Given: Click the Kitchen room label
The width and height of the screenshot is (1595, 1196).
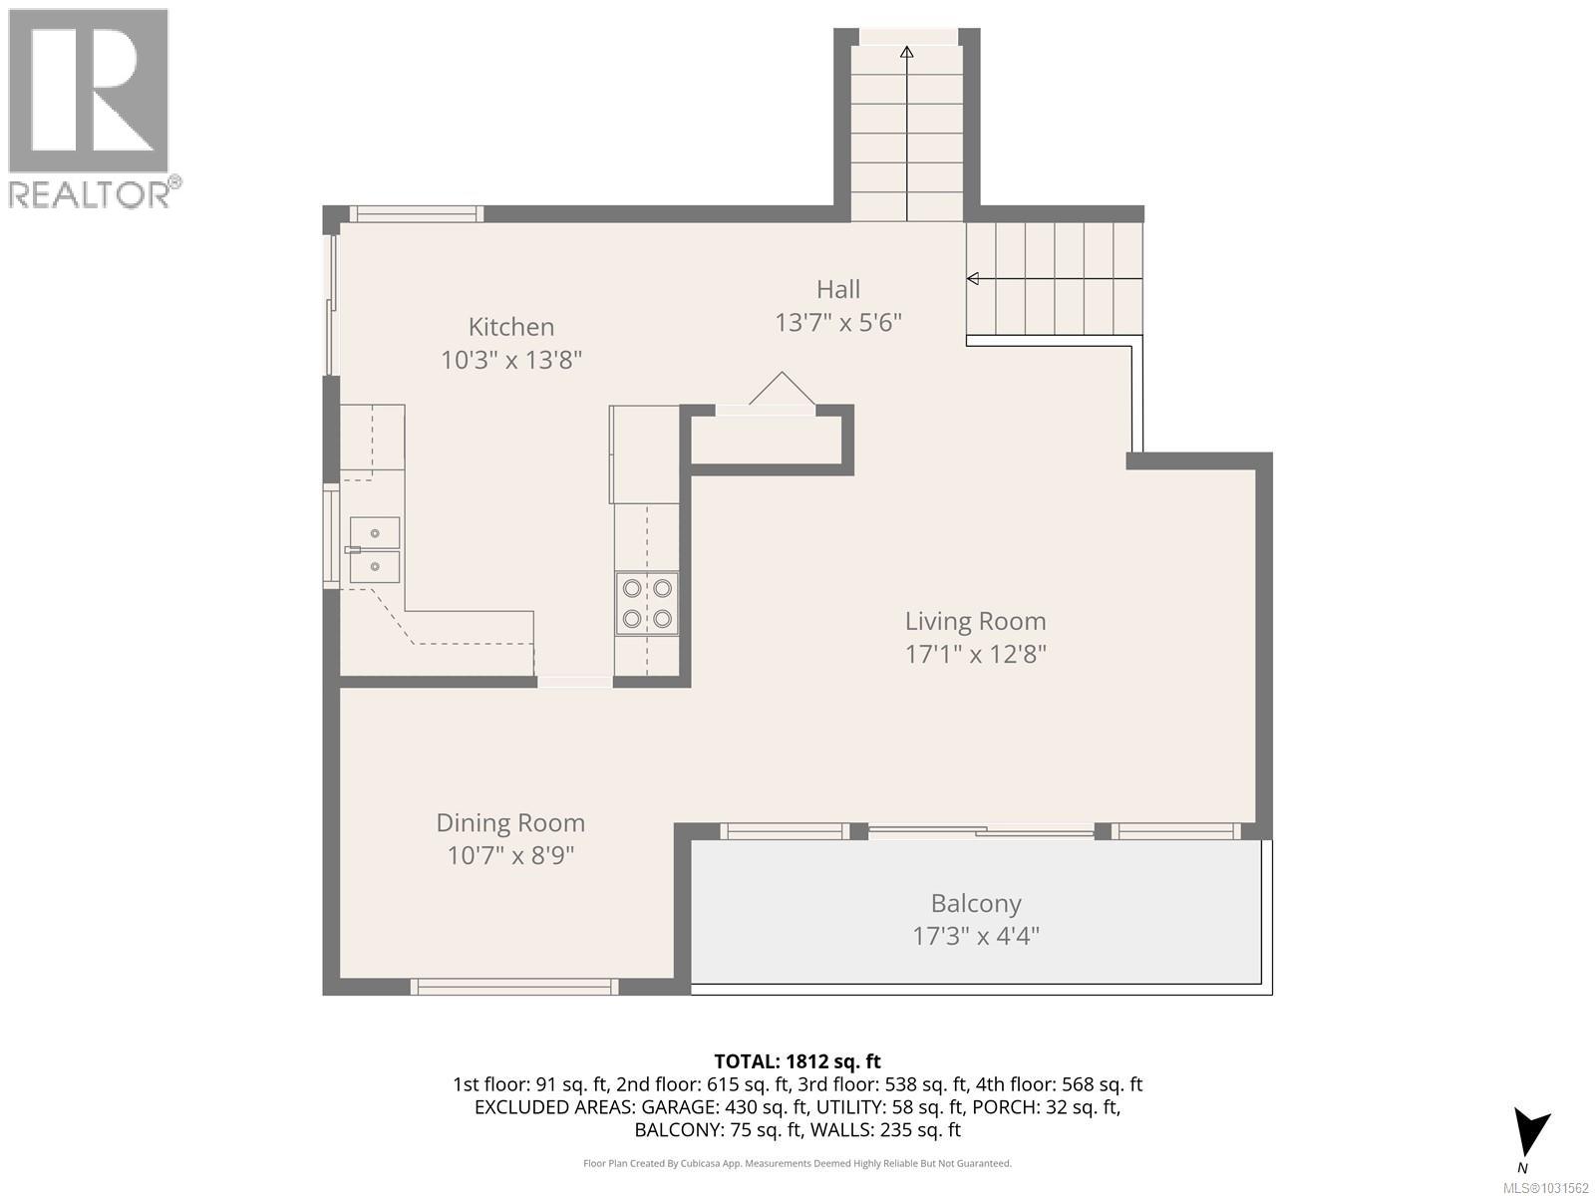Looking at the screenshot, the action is point(510,327).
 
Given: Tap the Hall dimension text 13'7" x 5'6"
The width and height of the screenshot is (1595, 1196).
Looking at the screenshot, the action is point(837,322).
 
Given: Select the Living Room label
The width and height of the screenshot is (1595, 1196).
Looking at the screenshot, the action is point(975,622).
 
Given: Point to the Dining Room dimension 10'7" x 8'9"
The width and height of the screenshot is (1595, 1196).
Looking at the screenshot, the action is point(510,855).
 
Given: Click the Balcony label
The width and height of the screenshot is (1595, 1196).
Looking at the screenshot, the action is point(976,903).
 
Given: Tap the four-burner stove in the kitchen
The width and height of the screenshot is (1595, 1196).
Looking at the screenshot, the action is point(647,603).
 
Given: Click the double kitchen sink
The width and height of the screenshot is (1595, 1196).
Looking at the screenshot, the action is point(374,550).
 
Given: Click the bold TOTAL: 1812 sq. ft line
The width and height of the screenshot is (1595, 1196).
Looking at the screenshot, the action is point(797,1060).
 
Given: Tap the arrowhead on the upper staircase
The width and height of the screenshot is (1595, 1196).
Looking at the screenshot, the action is point(907,52).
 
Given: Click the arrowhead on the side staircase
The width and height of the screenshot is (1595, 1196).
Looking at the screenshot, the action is point(973,278).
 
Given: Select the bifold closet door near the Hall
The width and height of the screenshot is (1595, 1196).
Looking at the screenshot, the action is point(782,389).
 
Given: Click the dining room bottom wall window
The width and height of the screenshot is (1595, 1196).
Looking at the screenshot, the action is point(514,986).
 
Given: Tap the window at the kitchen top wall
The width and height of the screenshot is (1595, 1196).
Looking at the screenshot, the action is point(417,213).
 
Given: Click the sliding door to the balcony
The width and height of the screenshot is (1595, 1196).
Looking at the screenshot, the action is point(981,831).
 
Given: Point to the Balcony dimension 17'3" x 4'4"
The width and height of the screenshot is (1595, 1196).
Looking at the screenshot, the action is point(976,936).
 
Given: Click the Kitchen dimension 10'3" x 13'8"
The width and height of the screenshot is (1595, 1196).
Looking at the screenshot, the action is point(510,360).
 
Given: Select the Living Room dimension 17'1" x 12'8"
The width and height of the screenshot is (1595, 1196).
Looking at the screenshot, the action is point(975,655).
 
